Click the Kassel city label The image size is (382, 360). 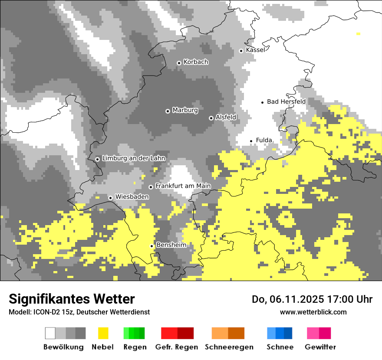(255, 50)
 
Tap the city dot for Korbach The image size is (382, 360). (179, 63)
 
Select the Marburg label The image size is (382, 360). (185, 110)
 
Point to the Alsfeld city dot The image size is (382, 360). (211, 118)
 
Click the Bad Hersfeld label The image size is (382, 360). (286, 101)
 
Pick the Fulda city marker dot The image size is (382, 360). (251, 141)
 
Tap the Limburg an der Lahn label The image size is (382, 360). (133, 158)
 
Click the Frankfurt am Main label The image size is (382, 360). (183, 186)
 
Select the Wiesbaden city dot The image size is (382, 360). (111, 198)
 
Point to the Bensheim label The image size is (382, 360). (171, 245)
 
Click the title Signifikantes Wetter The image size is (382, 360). (72, 299)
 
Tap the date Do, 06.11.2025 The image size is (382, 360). (291, 299)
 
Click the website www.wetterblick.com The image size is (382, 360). (313, 312)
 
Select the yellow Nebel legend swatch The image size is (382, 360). (103, 333)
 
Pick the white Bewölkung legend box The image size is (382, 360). (50, 333)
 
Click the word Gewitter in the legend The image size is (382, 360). (320, 347)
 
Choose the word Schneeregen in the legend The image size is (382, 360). (229, 347)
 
